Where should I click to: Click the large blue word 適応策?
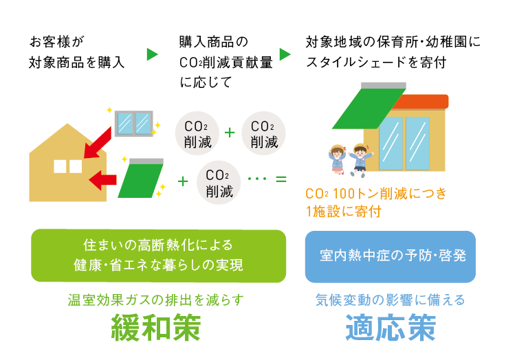pos(390,329)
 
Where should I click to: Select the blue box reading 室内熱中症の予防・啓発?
pos(390,256)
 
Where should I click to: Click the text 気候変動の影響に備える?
pos(390,300)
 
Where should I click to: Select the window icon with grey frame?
pos(133,122)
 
